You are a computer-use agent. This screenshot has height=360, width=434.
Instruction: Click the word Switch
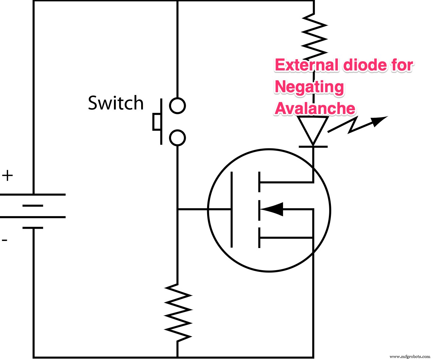point(116,103)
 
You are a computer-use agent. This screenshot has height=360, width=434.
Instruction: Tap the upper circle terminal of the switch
point(177,105)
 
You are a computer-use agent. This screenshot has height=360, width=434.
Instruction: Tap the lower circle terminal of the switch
point(177,138)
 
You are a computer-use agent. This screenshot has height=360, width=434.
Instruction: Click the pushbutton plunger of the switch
point(157,122)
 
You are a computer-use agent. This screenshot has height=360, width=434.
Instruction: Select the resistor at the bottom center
point(178,312)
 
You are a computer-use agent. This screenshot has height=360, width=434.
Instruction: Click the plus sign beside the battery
point(7,176)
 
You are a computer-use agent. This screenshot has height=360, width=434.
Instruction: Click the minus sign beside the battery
point(4,240)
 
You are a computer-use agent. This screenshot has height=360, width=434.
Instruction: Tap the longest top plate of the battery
point(33,195)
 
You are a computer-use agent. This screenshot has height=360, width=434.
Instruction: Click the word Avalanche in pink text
point(315,109)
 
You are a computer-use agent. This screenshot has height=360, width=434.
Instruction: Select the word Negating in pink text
point(309,87)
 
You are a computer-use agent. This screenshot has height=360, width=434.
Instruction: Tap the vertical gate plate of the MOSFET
point(232,209)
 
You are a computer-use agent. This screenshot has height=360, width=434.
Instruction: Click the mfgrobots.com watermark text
point(410,357)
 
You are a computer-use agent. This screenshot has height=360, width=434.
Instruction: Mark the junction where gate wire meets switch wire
point(178,209)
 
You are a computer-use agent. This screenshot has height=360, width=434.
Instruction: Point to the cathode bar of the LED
point(313,147)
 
